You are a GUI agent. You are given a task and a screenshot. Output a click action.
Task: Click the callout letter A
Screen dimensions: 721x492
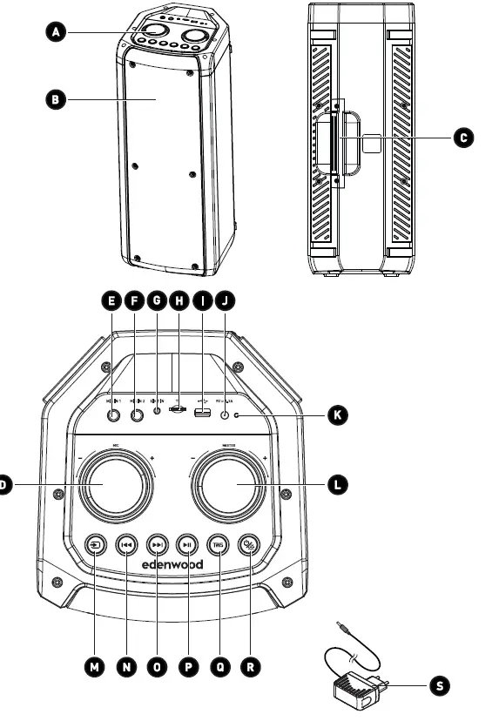56,31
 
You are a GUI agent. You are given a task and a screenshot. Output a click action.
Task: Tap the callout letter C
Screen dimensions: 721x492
464,137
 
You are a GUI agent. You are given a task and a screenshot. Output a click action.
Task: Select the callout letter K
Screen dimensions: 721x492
336,415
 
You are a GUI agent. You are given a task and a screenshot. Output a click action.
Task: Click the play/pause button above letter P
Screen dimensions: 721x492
187,545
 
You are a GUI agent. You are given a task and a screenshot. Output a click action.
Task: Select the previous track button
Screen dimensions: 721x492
127,545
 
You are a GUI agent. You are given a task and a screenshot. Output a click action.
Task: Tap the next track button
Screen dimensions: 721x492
158,545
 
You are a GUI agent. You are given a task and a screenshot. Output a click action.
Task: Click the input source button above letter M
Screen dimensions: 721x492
96,545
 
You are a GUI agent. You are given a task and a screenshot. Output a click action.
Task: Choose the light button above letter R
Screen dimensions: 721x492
250,545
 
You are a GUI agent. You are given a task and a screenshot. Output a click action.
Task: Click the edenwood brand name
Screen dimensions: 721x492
172,564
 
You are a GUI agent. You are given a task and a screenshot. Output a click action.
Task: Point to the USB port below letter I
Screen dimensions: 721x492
202,413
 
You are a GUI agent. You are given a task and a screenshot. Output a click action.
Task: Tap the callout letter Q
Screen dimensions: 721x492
219,668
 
